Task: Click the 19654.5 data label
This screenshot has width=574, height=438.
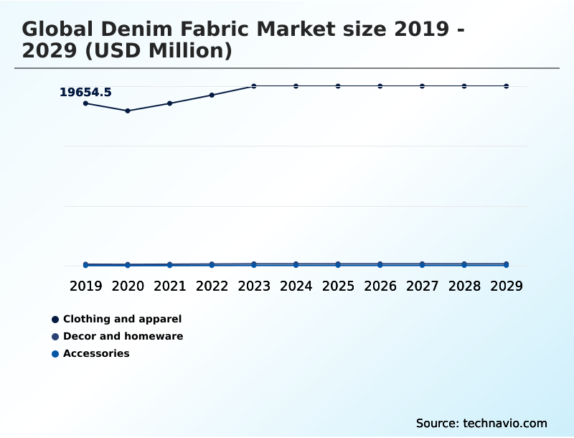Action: (x=85, y=92)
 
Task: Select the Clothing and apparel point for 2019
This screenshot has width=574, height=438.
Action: (x=86, y=103)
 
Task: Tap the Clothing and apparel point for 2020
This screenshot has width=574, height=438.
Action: (x=128, y=111)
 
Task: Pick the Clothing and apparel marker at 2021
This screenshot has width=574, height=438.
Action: (x=170, y=103)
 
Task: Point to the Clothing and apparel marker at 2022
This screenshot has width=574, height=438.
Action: (x=212, y=95)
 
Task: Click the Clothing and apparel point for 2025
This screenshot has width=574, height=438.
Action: (x=338, y=86)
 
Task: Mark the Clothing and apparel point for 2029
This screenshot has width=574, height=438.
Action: (x=506, y=86)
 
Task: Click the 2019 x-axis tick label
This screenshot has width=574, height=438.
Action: (x=86, y=286)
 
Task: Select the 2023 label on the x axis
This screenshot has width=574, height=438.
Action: (x=254, y=286)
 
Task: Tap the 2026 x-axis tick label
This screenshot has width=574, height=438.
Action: (x=380, y=286)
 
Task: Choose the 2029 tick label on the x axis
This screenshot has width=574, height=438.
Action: (x=506, y=286)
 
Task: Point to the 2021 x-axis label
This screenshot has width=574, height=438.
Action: (x=170, y=286)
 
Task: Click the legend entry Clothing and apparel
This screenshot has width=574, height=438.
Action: (x=122, y=319)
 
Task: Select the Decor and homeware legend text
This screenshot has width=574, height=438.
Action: (x=123, y=336)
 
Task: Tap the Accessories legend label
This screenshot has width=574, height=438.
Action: (x=96, y=353)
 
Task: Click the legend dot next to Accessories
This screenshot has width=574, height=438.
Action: (x=55, y=354)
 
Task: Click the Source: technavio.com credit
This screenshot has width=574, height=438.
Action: (x=481, y=423)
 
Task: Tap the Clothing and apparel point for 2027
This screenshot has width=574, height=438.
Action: (x=422, y=86)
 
